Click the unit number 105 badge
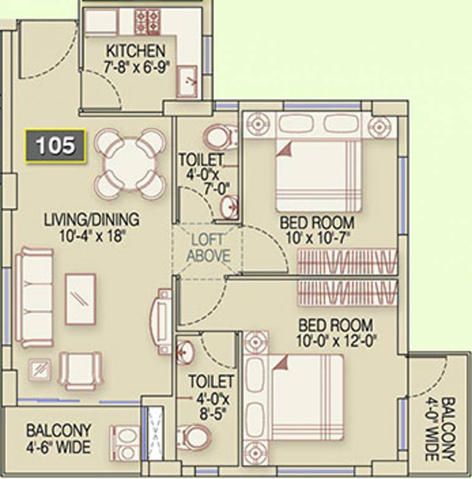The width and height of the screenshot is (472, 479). click(55, 146)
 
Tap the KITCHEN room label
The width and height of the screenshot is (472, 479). click(136, 51)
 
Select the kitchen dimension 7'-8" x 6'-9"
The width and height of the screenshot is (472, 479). click(136, 67)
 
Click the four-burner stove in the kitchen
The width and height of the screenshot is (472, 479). click(148, 22)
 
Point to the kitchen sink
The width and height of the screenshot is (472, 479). click(186, 81)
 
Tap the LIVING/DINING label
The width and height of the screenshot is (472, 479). click(92, 220)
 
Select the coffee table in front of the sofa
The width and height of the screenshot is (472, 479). click(81, 299)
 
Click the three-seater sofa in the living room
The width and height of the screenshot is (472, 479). click(35, 298)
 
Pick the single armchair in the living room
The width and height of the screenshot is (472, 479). click(80, 370)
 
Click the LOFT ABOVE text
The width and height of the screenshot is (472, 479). click(208, 248)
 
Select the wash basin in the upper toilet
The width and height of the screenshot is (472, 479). click(229, 207)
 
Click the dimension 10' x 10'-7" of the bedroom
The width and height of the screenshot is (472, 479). click(317, 238)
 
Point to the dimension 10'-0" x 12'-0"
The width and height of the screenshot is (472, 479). click(336, 341)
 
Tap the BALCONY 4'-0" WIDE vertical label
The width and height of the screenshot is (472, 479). click(440, 428)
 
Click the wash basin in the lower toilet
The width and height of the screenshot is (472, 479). click(185, 352)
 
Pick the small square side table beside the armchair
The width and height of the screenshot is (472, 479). click(40, 370)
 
